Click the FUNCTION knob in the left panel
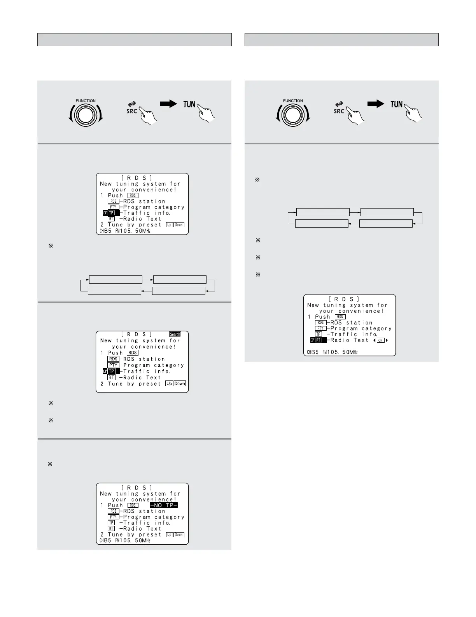coord(86,115)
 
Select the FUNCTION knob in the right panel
coord(293,115)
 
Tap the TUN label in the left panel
coord(189,104)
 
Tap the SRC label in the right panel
coord(339,111)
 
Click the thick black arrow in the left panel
coord(168,104)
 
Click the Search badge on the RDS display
coord(175,334)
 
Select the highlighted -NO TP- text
coord(164,505)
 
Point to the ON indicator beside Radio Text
coord(380,340)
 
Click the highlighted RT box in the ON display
coord(318,340)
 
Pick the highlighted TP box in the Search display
coord(111,371)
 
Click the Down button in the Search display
coord(180,384)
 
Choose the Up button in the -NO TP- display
coord(169,535)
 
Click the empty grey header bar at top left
coord(134,40)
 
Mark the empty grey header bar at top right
coord(341,40)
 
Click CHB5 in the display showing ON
coord(313,352)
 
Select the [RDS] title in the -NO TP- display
coord(137,487)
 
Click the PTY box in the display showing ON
coord(320,328)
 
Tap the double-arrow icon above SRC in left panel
coord(132,104)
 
